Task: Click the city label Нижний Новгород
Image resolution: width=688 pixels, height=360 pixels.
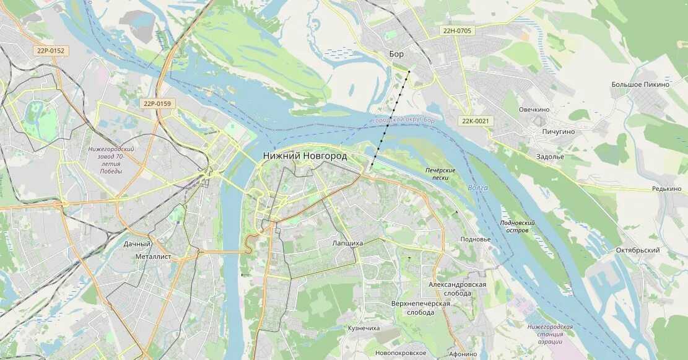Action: coord(305,156)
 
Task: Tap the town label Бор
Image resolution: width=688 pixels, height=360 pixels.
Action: coord(396,54)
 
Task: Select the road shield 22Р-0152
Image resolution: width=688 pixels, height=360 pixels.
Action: coord(50,51)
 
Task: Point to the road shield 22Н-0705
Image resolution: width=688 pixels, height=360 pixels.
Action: coord(457,30)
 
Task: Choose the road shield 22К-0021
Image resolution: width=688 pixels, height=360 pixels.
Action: coord(476,121)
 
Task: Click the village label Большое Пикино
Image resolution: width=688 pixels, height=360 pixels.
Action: coord(640,84)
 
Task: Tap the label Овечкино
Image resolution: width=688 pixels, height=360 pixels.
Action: coord(534,110)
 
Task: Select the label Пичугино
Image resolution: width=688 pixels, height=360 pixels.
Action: coord(558,132)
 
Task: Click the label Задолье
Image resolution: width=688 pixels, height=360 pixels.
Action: coord(550,157)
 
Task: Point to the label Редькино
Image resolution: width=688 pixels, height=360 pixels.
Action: coord(666,189)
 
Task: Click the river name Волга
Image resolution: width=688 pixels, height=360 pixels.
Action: coord(477,188)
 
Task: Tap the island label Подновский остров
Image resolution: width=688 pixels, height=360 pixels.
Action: coord(517,226)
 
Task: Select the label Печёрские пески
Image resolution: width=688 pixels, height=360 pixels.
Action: coord(440,173)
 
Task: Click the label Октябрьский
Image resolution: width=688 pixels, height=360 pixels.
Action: coord(637,250)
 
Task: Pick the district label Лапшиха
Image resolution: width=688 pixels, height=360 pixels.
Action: coord(347,244)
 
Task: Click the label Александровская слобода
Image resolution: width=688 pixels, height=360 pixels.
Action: coord(457,289)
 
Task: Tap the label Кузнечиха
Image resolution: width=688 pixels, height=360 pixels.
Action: coord(364,328)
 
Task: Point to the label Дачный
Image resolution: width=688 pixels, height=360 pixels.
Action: coord(137,244)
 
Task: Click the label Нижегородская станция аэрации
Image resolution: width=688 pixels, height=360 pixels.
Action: coord(550,334)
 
